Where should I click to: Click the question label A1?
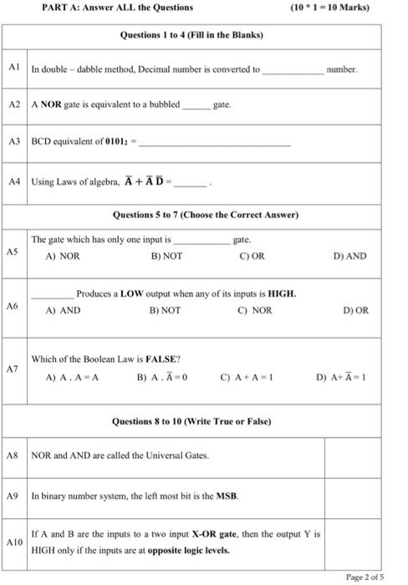pyautogui.click(x=13, y=68)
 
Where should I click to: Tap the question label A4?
pyautogui.click(x=13, y=181)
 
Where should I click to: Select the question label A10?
pyautogui.click(x=14, y=542)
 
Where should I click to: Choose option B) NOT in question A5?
pyautogui.click(x=166, y=257)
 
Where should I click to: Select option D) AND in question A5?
pyautogui.click(x=349, y=257)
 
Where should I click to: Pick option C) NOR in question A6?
pyautogui.click(x=255, y=310)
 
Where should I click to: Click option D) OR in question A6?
pyautogui.click(x=355, y=310)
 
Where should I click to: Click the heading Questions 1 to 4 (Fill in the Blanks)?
pyautogui.click(x=192, y=36)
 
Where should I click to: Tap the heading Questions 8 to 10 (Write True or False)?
pyautogui.click(x=192, y=421)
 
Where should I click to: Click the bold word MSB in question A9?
pyautogui.click(x=228, y=496)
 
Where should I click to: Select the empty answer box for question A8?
pyautogui.click(x=354, y=455)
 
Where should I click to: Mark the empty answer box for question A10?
pyautogui.click(x=354, y=542)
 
